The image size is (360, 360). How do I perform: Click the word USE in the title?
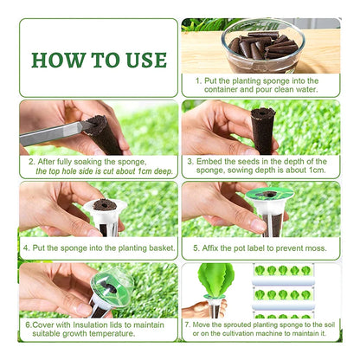coord(140,60)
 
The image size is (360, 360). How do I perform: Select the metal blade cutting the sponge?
coord(51,133)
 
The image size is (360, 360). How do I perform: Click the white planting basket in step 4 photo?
coord(104,214)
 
